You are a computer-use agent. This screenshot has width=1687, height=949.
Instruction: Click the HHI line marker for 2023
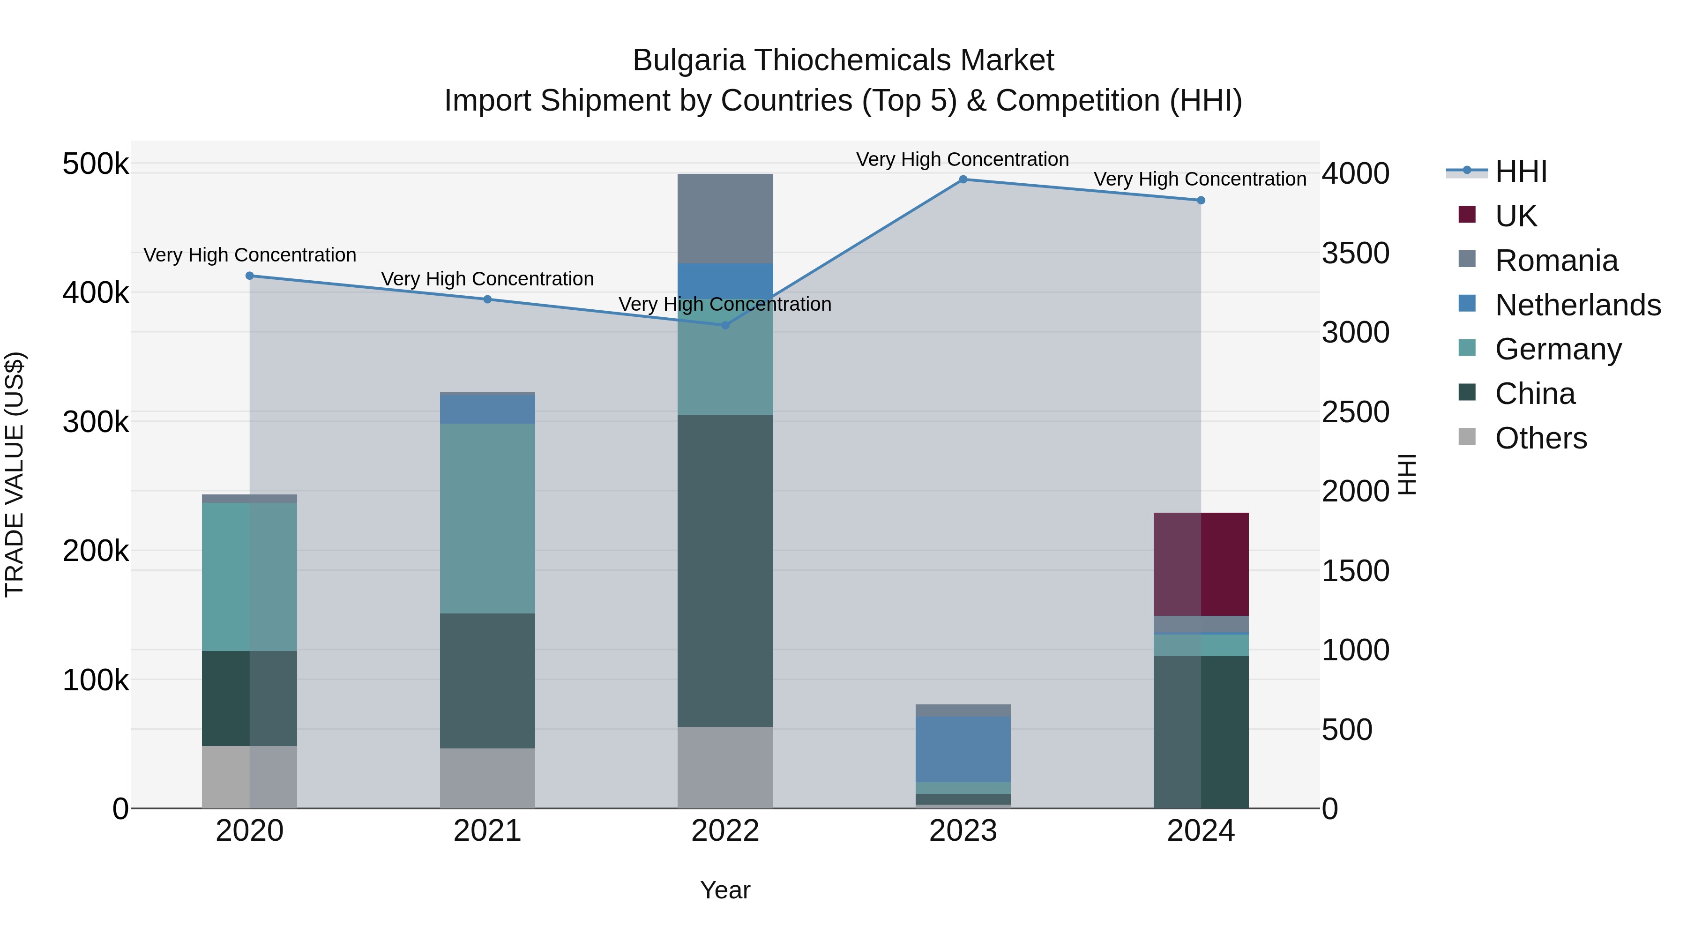click(963, 179)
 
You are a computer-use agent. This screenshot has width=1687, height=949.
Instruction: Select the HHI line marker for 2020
click(249, 276)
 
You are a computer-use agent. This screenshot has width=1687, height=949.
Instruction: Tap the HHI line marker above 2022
click(725, 325)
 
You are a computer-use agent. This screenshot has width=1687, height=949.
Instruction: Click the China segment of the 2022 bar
click(725, 570)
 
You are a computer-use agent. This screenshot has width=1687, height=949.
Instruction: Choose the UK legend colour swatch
click(1467, 215)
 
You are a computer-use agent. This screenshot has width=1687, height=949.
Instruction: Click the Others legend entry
click(1540, 438)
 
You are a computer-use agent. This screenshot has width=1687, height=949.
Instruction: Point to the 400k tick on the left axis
click(96, 293)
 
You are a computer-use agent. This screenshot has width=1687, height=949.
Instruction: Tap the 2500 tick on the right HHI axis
click(1355, 412)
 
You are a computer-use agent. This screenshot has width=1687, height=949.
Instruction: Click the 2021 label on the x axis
click(487, 831)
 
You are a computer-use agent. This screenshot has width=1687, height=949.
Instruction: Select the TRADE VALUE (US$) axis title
click(15, 474)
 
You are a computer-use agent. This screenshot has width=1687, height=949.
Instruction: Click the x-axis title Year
click(725, 890)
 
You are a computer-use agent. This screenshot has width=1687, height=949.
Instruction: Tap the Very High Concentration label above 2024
click(1200, 179)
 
